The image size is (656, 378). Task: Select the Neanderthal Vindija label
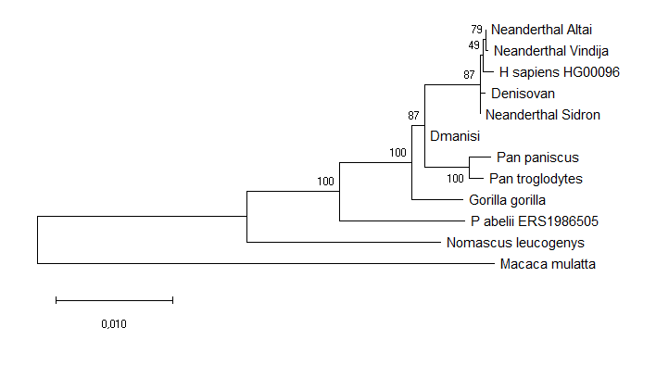point(537,50)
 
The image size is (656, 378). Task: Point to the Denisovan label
point(523,94)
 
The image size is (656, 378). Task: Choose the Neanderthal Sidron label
point(543,115)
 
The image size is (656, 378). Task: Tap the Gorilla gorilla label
point(507,199)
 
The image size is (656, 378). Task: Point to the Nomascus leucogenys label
point(515,243)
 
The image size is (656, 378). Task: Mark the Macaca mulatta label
point(547,264)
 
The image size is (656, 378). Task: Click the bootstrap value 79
point(477,30)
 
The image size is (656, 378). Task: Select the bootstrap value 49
point(473,45)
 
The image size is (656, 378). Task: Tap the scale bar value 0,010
point(114,324)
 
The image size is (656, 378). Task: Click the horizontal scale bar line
point(114,300)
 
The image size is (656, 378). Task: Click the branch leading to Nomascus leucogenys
point(342,242)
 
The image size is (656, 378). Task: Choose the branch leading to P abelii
point(398,220)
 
